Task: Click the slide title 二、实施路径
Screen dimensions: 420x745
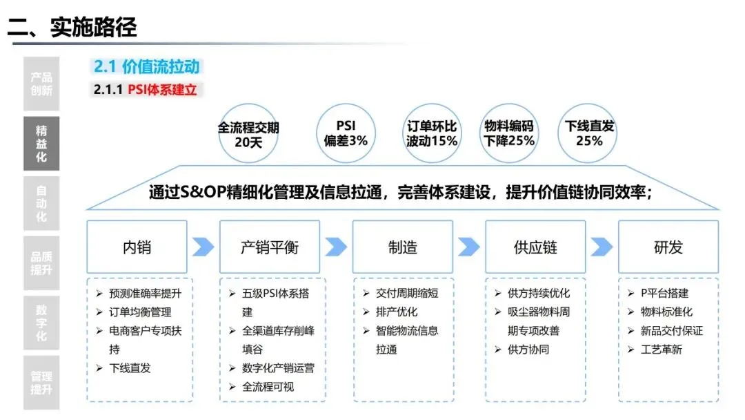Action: (x=72, y=27)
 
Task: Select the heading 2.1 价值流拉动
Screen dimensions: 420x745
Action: (x=146, y=66)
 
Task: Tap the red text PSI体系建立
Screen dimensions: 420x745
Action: (x=163, y=90)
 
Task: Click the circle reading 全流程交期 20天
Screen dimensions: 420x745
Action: (x=248, y=134)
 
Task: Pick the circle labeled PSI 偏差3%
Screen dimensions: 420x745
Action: (x=346, y=133)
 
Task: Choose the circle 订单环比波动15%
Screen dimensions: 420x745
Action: (x=432, y=133)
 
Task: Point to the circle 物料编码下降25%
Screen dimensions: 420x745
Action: (x=510, y=133)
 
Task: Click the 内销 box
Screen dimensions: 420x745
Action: (x=137, y=247)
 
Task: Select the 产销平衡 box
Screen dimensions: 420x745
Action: (x=270, y=247)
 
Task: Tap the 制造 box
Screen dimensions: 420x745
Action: (x=402, y=247)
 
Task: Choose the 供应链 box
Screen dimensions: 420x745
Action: (x=535, y=247)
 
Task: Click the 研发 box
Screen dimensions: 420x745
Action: (x=668, y=247)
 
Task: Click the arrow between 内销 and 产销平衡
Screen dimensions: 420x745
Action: (x=203, y=247)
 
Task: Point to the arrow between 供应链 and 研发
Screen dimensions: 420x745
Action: (x=602, y=247)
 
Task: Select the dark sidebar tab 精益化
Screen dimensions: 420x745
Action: (x=41, y=144)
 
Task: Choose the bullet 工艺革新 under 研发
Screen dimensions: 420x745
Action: (x=656, y=350)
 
